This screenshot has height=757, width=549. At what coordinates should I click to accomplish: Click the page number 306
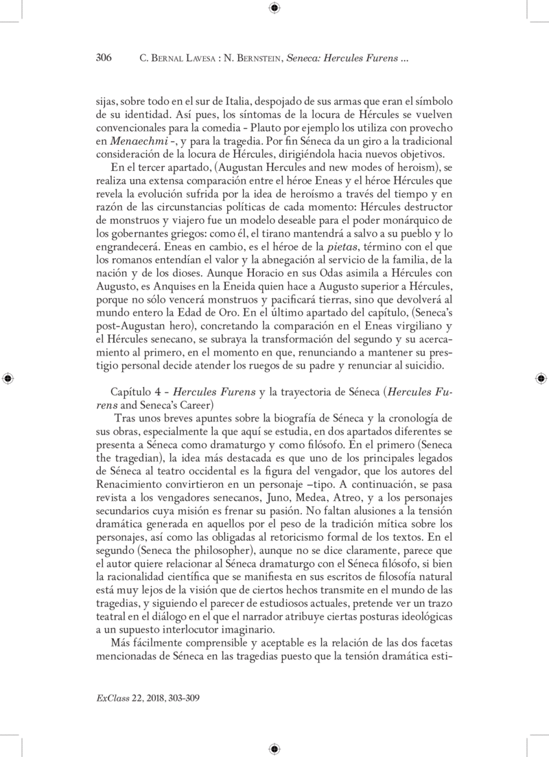[x=103, y=58]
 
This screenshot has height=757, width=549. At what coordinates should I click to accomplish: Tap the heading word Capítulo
[x=120, y=393]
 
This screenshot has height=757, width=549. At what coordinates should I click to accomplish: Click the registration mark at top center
[x=274, y=8]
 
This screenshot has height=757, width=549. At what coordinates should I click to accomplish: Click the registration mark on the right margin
[x=541, y=378]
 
